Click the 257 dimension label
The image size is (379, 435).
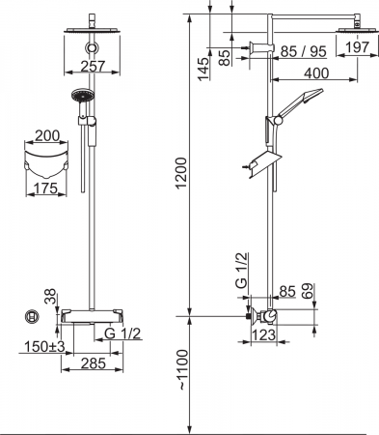click(93, 67)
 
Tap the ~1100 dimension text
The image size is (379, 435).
click(181, 370)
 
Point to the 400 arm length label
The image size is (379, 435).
click(316, 73)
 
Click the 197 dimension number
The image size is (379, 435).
click(358, 47)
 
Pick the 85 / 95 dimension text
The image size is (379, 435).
click(303, 51)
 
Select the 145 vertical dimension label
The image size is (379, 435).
click(203, 70)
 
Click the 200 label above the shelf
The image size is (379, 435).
click(47, 136)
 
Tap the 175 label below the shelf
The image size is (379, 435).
click(45, 188)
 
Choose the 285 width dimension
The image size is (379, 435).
click(94, 363)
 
